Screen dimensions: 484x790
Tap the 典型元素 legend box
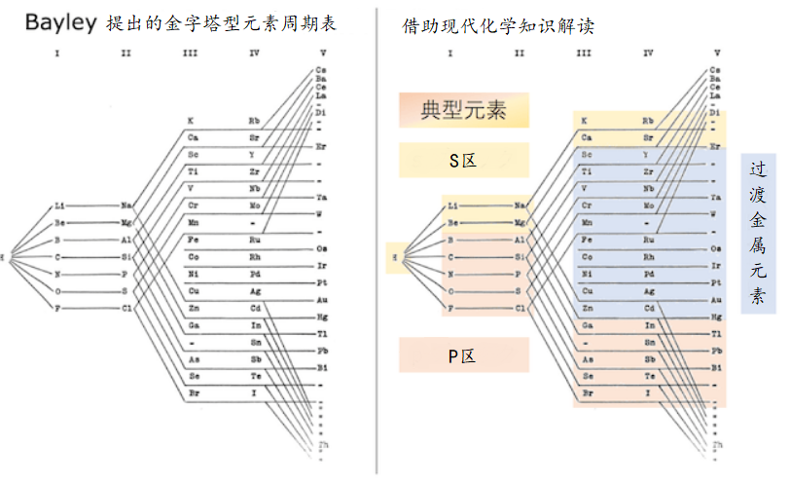pyautogui.click(x=463, y=110)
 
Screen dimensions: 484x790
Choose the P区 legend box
pyautogui.click(x=463, y=355)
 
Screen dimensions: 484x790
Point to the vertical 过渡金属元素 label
pyautogui.click(x=758, y=233)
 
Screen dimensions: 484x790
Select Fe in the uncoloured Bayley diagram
pyautogui.click(x=194, y=239)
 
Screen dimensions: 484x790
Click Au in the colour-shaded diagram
pyautogui.click(x=716, y=300)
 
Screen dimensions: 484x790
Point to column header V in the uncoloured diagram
pyautogui.click(x=321, y=53)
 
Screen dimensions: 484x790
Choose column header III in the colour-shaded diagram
pyautogui.click(x=584, y=53)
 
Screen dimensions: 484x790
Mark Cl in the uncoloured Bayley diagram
pyautogui.click(x=127, y=308)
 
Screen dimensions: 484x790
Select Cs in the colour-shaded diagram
pyautogui.click(x=716, y=70)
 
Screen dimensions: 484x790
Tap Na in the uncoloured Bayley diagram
pyautogui.click(x=127, y=205)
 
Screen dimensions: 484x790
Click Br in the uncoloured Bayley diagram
pyautogui.click(x=194, y=391)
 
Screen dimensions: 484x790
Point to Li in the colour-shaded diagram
pyautogui.click(x=453, y=205)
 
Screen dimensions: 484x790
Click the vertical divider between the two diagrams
pyautogui.click(x=377, y=243)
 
